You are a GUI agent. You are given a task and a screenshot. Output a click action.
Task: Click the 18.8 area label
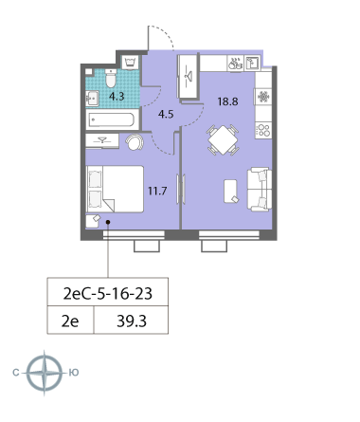[227, 101]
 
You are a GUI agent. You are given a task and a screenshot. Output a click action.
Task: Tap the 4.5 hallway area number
[166, 114]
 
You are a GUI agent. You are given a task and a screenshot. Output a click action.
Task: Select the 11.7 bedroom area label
[157, 191]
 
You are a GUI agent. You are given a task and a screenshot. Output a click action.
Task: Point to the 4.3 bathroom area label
[117, 97]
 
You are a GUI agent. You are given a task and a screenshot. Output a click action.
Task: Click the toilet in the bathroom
[111, 78]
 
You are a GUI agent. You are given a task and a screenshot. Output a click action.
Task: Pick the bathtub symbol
[112, 119]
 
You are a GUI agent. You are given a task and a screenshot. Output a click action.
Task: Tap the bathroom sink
[92, 99]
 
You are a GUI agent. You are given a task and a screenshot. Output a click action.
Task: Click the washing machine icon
[130, 63]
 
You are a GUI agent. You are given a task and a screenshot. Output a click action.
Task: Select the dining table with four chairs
[223, 140]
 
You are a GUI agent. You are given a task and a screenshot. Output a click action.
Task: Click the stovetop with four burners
[263, 130]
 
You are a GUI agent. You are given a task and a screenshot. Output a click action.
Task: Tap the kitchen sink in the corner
[253, 63]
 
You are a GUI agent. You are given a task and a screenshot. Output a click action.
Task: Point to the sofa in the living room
[260, 190]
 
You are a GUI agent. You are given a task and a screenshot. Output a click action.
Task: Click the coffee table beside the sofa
[231, 192]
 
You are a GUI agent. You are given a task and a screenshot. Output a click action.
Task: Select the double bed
[115, 189]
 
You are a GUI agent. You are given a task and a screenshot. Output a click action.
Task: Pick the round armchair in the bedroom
[135, 142]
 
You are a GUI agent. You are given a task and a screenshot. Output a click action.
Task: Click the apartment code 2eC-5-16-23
[108, 294]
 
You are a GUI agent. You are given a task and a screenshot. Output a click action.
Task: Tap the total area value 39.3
[132, 321]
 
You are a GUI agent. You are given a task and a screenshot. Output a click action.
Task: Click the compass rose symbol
[45, 373]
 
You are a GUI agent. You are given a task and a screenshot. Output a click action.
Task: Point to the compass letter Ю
[74, 373]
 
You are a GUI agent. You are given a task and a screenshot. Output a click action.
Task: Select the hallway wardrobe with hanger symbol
[189, 77]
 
